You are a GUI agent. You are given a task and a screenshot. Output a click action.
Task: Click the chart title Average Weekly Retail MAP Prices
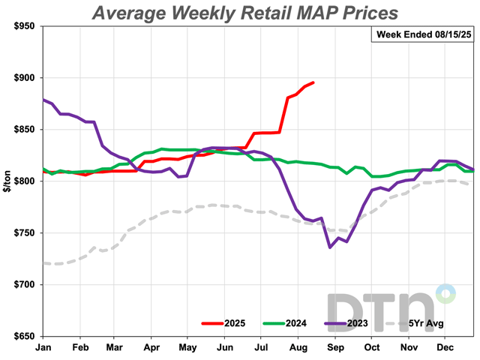point(246,13)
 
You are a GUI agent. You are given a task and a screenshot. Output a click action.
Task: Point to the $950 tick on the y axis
point(23,26)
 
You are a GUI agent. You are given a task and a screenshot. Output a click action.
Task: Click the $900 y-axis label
point(23,78)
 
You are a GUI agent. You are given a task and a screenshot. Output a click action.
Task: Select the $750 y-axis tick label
point(23,233)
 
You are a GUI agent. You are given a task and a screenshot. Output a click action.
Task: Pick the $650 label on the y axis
point(23,337)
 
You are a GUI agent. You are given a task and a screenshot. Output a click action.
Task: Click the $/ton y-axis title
point(7,181)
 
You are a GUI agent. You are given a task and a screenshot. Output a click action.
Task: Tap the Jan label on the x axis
point(43,348)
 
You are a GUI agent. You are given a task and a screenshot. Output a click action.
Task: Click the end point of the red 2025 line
point(313,82)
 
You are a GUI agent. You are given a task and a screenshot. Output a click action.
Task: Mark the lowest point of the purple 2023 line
point(329,247)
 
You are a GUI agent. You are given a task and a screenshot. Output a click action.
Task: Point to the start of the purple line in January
point(44,100)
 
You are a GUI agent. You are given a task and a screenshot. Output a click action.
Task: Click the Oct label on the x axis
point(370,348)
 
